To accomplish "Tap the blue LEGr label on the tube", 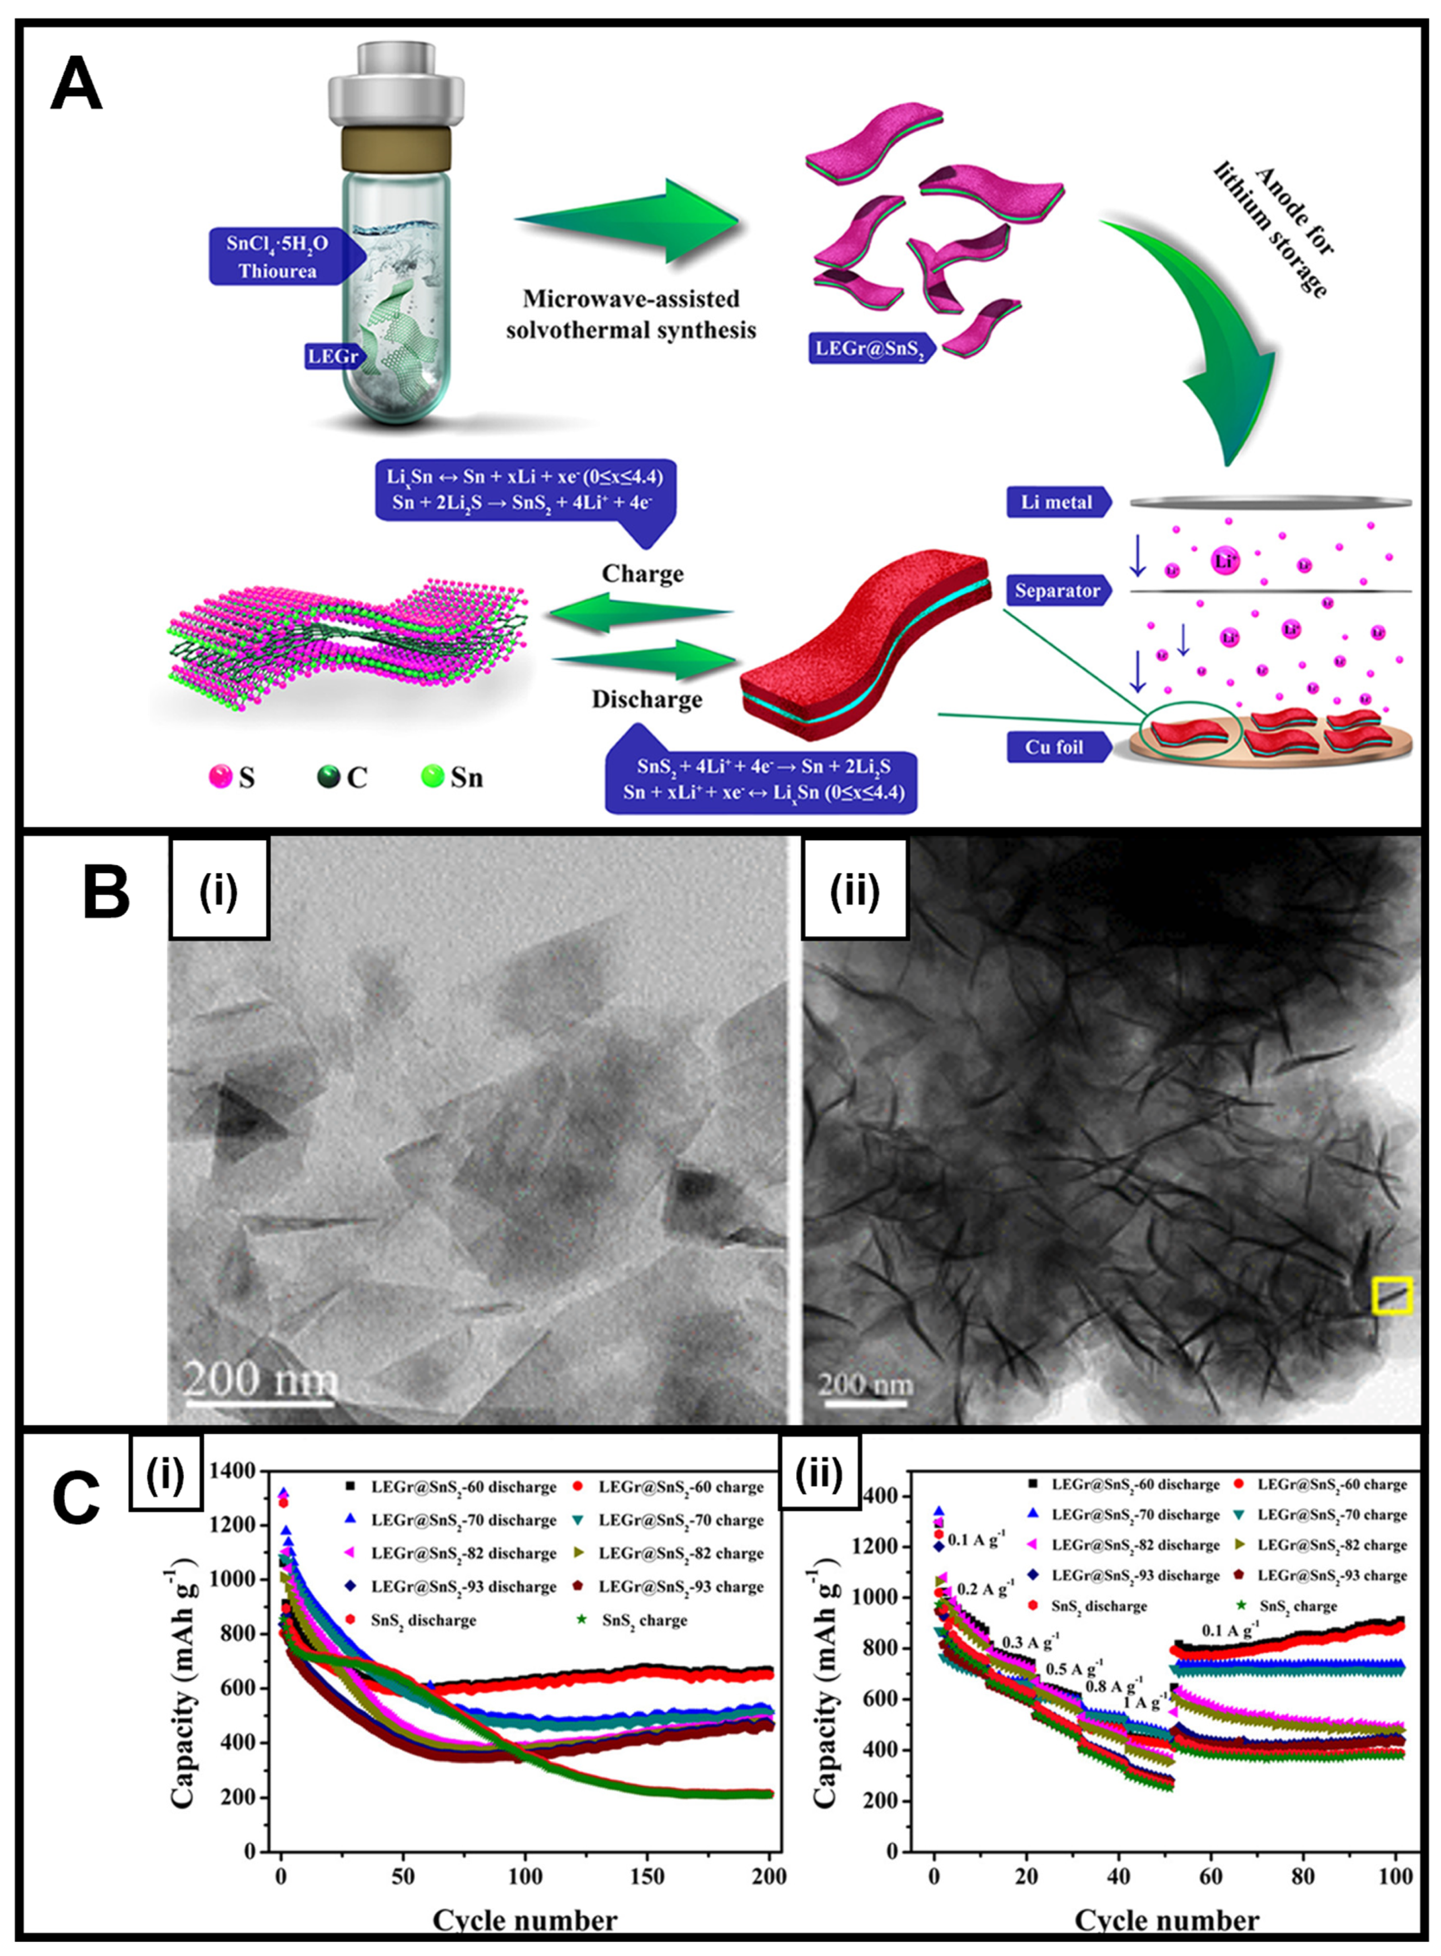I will coord(332,356).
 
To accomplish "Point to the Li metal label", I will coord(1057,502).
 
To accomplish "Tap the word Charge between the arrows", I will coord(642,574).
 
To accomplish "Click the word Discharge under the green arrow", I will coord(646,700).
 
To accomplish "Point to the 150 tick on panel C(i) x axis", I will coord(647,1877).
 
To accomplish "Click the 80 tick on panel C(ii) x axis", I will coord(1303,1877).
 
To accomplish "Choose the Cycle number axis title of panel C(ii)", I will coord(1166,1919).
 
